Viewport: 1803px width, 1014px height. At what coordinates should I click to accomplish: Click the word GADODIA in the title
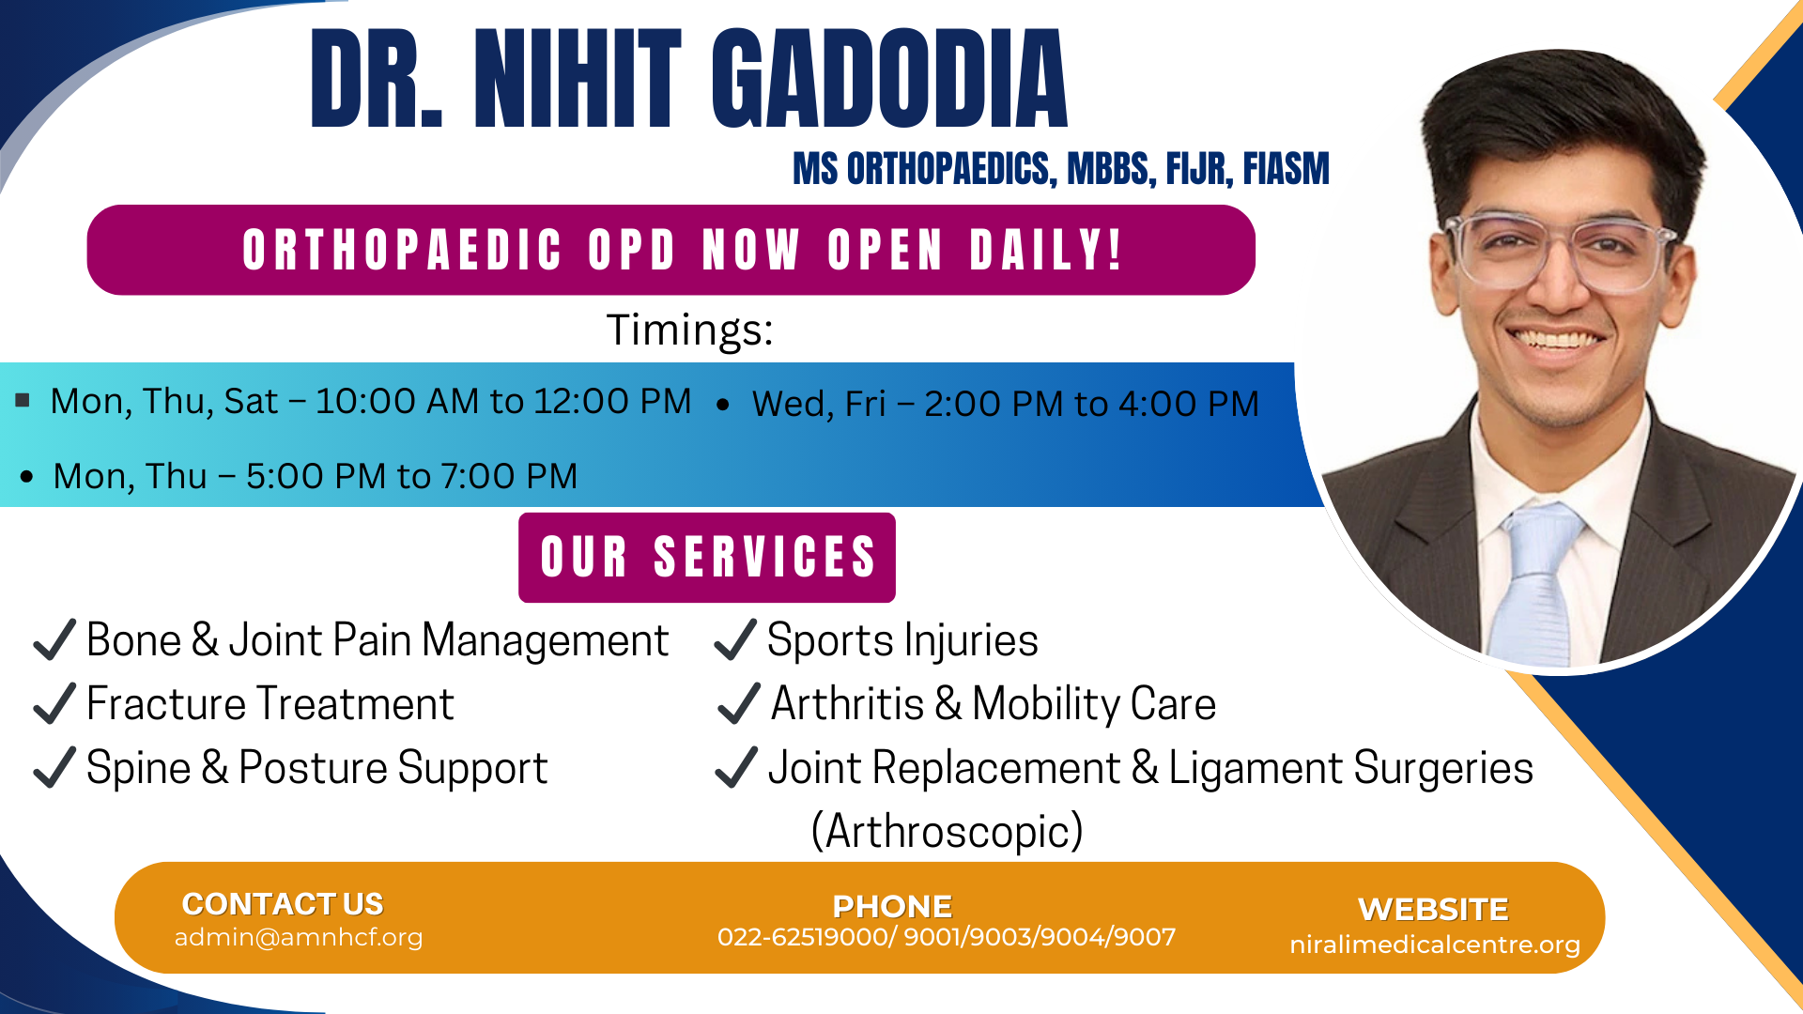point(889,79)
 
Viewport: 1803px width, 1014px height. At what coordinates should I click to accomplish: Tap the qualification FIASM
point(1286,169)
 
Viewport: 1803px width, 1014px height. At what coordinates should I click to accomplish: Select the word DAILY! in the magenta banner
point(1046,251)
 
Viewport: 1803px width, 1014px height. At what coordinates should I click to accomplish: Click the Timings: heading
point(689,330)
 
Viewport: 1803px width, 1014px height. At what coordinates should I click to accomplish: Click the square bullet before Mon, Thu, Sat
point(23,401)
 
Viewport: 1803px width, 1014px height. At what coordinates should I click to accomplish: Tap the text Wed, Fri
point(819,405)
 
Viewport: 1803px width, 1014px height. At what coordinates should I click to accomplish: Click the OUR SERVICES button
point(707,558)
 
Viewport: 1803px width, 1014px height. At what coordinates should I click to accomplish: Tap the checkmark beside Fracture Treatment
point(54,704)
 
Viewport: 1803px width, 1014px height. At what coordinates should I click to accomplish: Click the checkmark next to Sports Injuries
point(734,640)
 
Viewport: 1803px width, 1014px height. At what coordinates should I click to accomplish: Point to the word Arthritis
point(847,704)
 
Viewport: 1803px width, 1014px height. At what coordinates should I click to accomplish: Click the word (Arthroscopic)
point(947,832)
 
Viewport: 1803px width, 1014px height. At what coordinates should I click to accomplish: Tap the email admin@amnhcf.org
point(299,937)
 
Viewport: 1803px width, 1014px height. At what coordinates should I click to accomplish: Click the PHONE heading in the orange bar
point(892,906)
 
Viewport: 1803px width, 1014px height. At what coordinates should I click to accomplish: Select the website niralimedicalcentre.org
point(1435,945)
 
